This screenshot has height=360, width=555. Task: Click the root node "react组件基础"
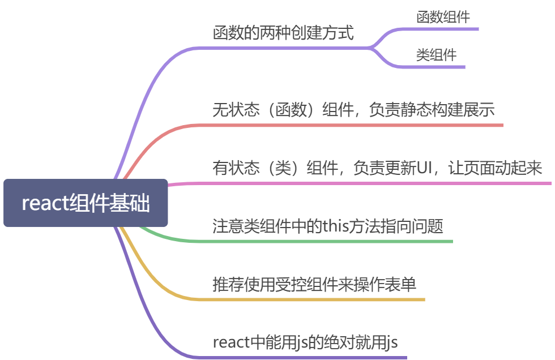tap(86, 203)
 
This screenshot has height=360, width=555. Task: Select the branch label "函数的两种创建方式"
tap(283, 33)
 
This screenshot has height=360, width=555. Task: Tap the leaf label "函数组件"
tap(443, 17)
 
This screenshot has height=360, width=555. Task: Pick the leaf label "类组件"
tap(436, 55)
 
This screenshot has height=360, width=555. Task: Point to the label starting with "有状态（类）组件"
tap(377, 168)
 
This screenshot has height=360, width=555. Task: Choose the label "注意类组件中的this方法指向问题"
tap(327, 226)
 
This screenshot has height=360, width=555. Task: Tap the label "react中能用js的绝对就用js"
tap(305, 342)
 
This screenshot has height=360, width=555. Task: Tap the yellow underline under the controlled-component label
tap(311, 299)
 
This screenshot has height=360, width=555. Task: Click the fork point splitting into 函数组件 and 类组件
tap(369, 48)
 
